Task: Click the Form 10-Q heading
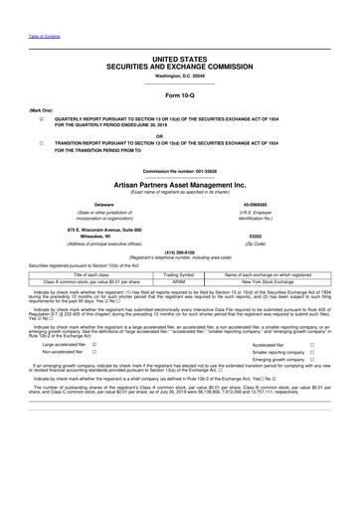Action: pos(180,94)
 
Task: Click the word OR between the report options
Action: pos(180,134)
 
